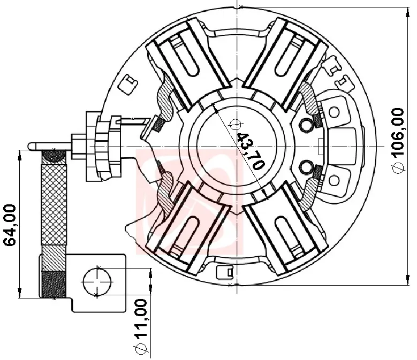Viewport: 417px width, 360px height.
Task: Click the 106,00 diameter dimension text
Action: click(x=398, y=132)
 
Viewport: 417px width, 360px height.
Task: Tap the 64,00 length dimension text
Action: click(x=10, y=225)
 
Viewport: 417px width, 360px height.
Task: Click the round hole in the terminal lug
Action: click(x=97, y=281)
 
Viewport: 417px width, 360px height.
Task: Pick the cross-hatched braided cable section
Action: click(x=54, y=204)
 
